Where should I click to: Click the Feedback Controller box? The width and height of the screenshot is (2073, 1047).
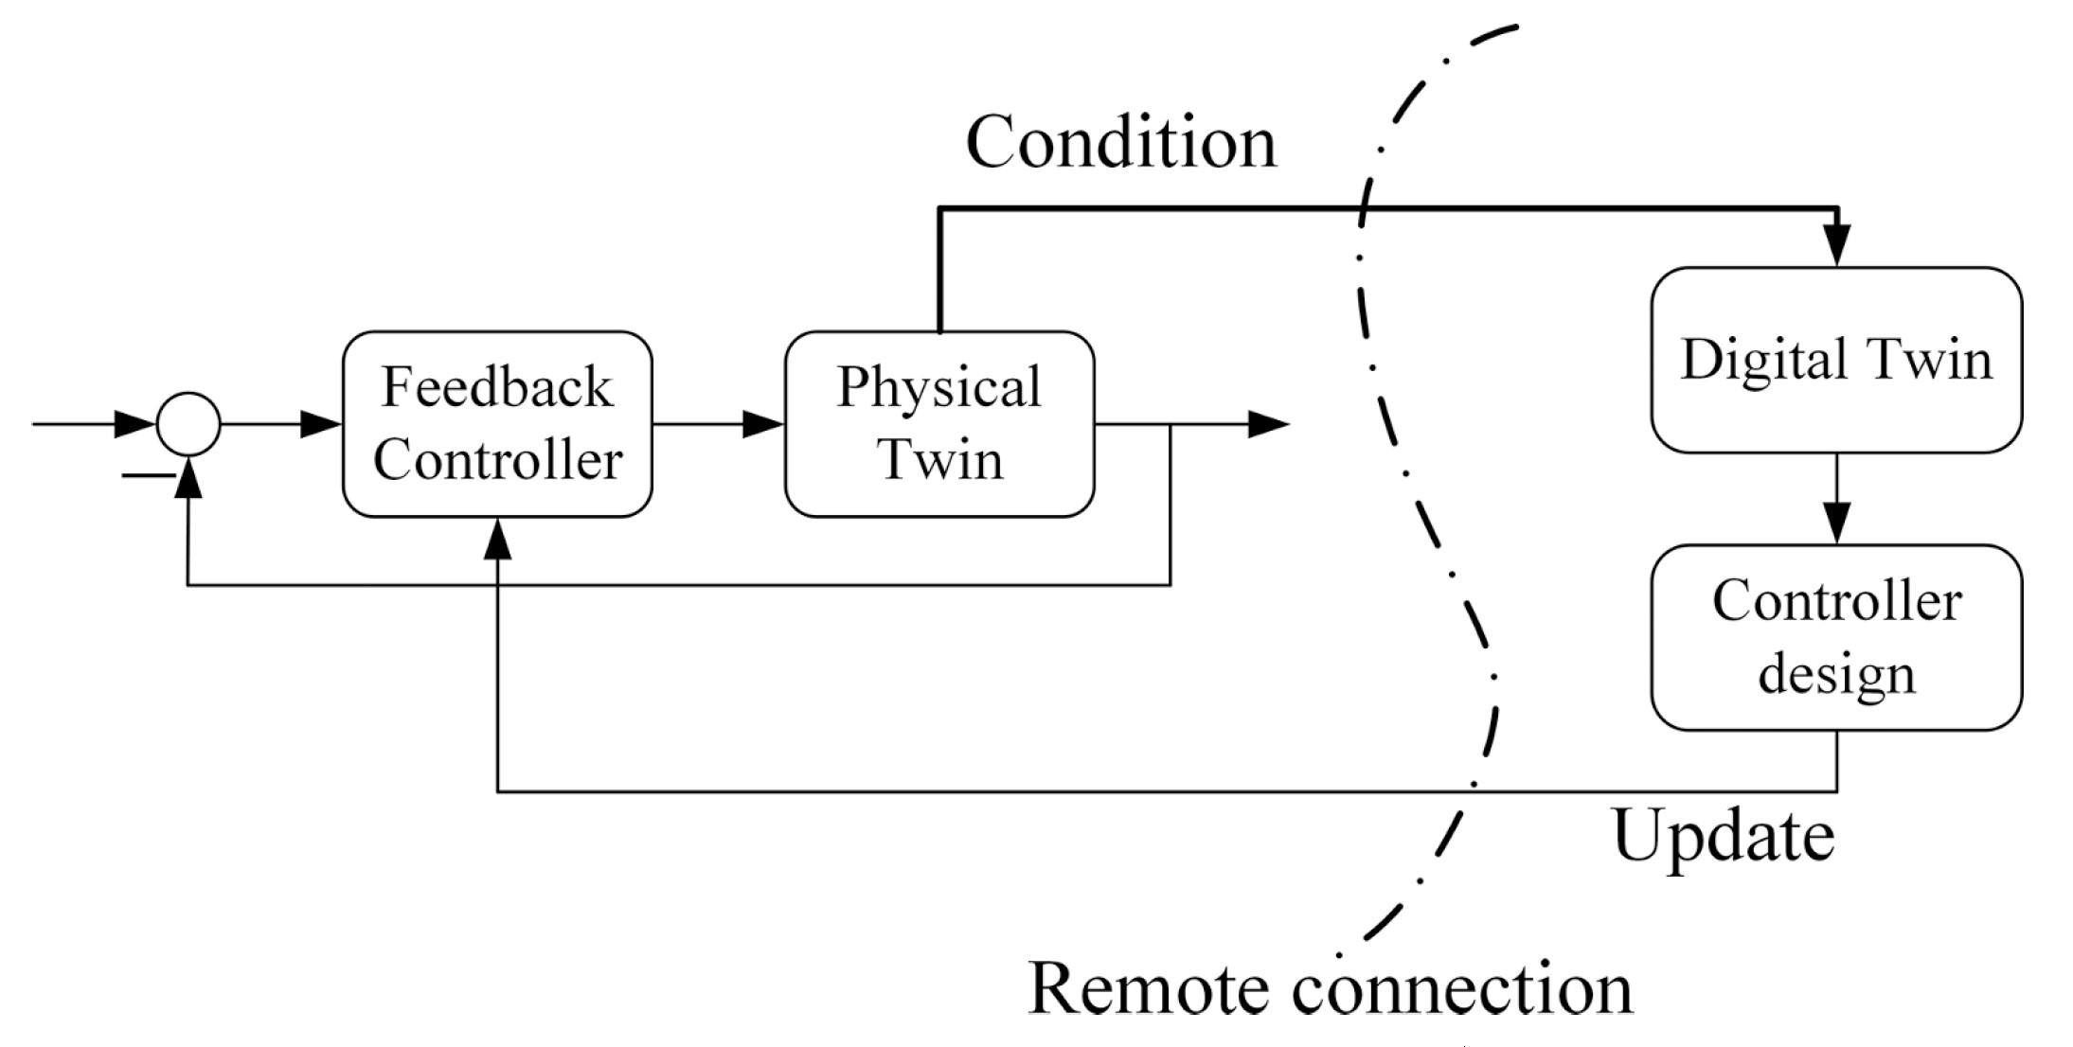pyautogui.click(x=497, y=424)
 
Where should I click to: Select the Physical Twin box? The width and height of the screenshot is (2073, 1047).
pyautogui.click(x=939, y=424)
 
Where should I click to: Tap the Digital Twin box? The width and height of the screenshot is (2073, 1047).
pyautogui.click(x=1836, y=360)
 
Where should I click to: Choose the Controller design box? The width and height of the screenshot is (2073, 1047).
pyautogui.click(x=1836, y=637)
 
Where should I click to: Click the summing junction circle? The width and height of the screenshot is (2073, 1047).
pyautogui.click(x=188, y=424)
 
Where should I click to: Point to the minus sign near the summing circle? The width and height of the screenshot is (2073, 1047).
pyautogui.click(x=148, y=474)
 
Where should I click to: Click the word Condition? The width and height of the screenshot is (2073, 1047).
pyautogui.click(x=1120, y=142)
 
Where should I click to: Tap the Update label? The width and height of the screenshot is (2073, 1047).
pyautogui.click(x=1723, y=836)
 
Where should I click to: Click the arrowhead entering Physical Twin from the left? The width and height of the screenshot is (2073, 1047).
pyautogui.click(x=763, y=424)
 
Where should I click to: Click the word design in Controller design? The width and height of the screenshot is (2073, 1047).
pyautogui.click(x=1836, y=674)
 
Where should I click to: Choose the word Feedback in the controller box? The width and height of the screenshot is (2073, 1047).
pyautogui.click(x=497, y=387)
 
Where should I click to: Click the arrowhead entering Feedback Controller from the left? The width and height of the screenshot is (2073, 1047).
pyautogui.click(x=321, y=424)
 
